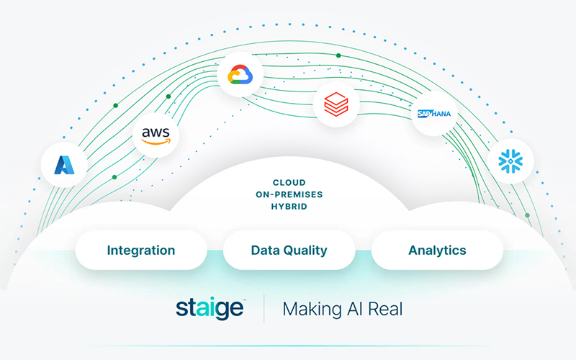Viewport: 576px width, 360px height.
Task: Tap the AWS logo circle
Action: pyautogui.click(x=156, y=135)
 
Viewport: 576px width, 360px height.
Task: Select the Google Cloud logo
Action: pyautogui.click(x=239, y=74)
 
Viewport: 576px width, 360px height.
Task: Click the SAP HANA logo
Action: pyautogui.click(x=434, y=114)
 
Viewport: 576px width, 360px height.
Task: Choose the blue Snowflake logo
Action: pyautogui.click(x=510, y=161)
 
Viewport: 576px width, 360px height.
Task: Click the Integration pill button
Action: pyautogui.click(x=141, y=251)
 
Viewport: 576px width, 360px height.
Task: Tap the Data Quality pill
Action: pyautogui.click(x=289, y=251)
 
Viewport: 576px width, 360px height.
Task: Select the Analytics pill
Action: pyautogui.click(x=437, y=251)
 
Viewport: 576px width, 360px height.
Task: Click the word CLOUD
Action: pyautogui.click(x=289, y=183)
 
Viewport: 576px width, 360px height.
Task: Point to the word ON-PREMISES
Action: pyautogui.click(x=289, y=194)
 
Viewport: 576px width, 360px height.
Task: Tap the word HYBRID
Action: pyautogui.click(x=289, y=206)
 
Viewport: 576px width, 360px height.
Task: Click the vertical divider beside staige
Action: pyautogui.click(x=264, y=308)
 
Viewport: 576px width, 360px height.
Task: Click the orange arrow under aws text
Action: pyautogui.click(x=156, y=142)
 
